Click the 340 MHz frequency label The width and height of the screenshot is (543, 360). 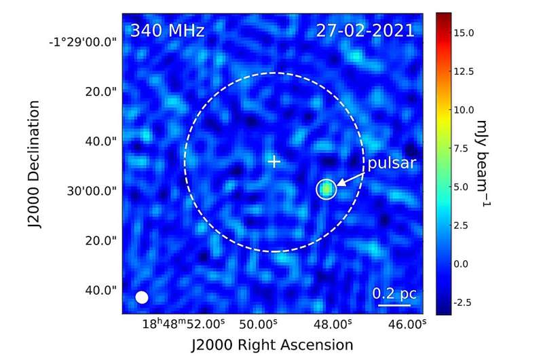167,31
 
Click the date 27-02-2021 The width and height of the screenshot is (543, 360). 365,31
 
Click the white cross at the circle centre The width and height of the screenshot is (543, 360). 274,162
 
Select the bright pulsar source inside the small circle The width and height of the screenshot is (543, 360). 326,190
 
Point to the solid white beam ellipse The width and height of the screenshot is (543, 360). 142,297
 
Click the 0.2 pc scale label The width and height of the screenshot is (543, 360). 394,293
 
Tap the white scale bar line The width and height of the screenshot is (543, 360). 394,305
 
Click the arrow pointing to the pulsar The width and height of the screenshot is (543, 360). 350,177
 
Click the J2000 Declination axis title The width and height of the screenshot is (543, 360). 36,165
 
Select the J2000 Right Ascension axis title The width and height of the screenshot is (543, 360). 272,344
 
